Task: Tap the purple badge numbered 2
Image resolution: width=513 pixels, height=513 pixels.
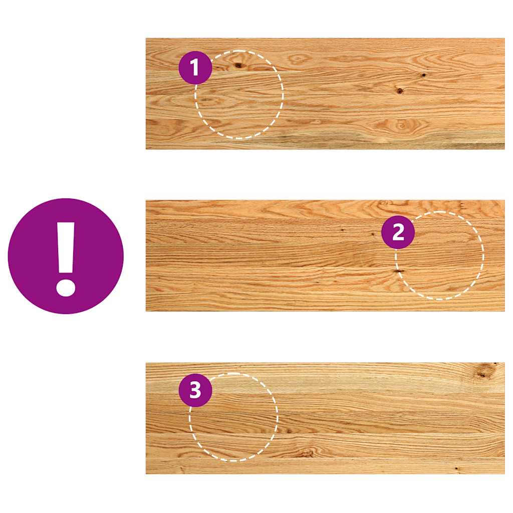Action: click(x=398, y=232)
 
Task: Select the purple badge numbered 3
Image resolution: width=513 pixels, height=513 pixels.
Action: click(x=195, y=390)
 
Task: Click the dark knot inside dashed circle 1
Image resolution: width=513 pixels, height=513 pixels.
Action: click(x=238, y=65)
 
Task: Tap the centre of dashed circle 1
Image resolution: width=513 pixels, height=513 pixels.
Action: click(x=239, y=94)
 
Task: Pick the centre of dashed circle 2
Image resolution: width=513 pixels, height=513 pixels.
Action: click(x=439, y=255)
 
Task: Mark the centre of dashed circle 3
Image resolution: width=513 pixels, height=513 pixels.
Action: click(x=233, y=417)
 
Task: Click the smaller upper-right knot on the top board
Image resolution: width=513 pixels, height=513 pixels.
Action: click(x=423, y=75)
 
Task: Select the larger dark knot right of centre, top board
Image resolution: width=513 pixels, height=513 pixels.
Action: click(x=399, y=91)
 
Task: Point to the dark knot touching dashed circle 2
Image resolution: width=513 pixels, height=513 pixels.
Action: click(x=399, y=271)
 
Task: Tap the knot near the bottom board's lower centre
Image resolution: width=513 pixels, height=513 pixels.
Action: click(x=305, y=453)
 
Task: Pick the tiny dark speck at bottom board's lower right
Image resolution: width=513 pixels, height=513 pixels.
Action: click(x=456, y=469)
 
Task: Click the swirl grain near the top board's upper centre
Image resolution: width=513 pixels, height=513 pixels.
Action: click(x=301, y=59)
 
